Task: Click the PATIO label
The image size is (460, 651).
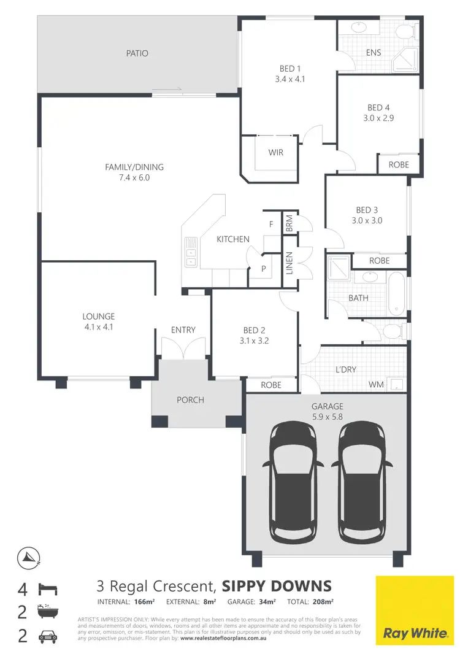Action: pos(137,53)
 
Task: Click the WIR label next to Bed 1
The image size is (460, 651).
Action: pos(276,152)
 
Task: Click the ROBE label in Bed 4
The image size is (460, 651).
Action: pos(399,165)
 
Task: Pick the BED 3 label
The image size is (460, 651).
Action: pos(367,210)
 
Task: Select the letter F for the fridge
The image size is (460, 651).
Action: pos(270,225)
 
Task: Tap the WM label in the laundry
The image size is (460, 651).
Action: pos(377,385)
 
